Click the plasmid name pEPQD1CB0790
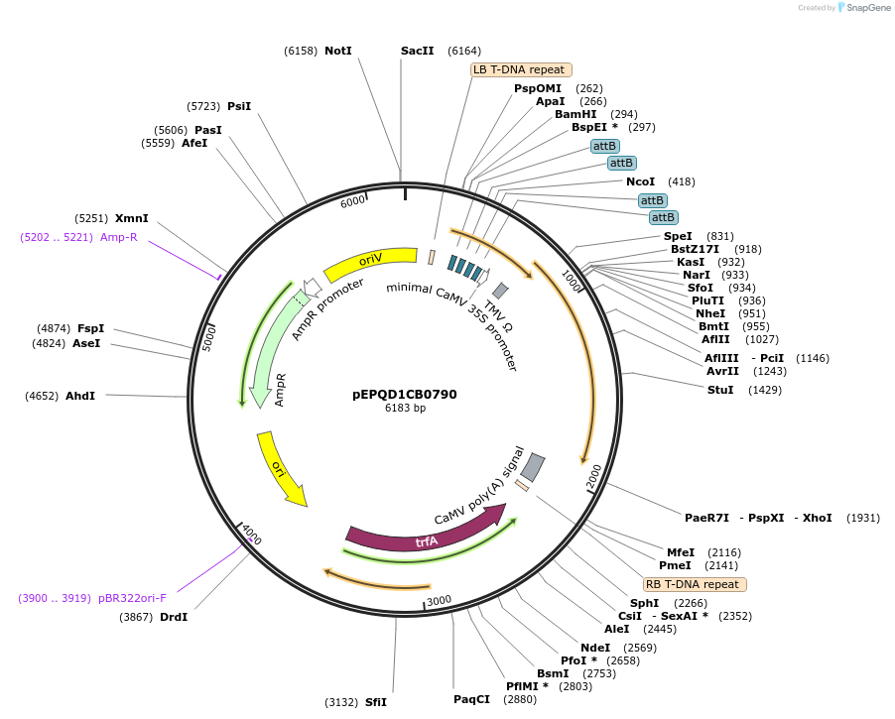point(404,394)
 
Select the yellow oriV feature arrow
point(369,263)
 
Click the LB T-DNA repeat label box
point(519,69)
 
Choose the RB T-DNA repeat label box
point(695,584)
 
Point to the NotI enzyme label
point(338,51)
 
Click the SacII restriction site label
point(417,51)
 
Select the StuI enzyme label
point(720,390)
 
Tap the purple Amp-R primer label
point(118,237)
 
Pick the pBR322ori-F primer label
point(132,598)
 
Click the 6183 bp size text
point(405,409)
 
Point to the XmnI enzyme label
point(132,218)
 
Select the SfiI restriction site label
point(376,702)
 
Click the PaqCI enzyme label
point(471,699)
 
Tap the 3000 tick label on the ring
point(439,599)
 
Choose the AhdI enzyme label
point(80,396)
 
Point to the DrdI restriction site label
point(174,617)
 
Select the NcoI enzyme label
point(640,181)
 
